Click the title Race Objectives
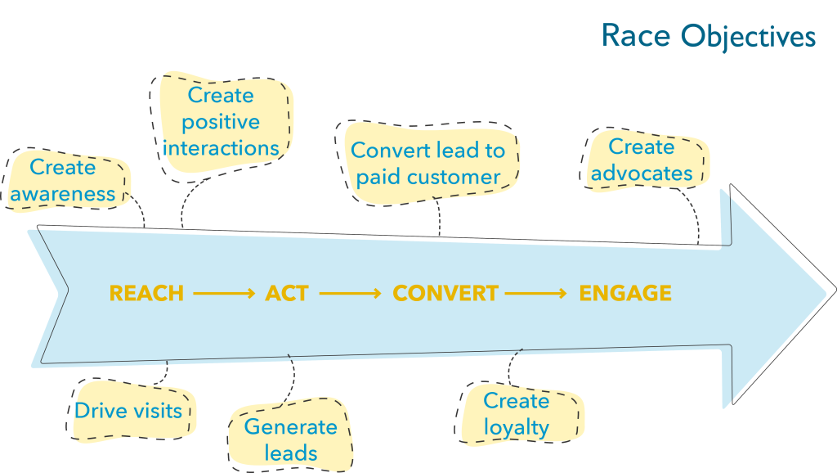pyautogui.click(x=709, y=36)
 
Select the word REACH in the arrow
pyautogui.click(x=146, y=293)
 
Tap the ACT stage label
pyautogui.click(x=287, y=293)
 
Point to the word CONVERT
pyautogui.click(x=445, y=293)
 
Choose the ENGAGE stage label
pyautogui.click(x=625, y=293)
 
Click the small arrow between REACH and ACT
pyautogui.click(x=224, y=293)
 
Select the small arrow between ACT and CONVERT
pyautogui.click(x=350, y=293)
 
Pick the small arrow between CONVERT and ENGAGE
pyautogui.click(x=535, y=293)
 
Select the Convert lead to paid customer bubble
pyautogui.click(x=427, y=164)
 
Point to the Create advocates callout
pyautogui.click(x=642, y=160)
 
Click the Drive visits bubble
pyautogui.click(x=130, y=411)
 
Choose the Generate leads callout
pyautogui.click(x=290, y=435)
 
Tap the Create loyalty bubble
pyautogui.click(x=517, y=414)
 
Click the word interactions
pyautogui.click(x=221, y=148)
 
